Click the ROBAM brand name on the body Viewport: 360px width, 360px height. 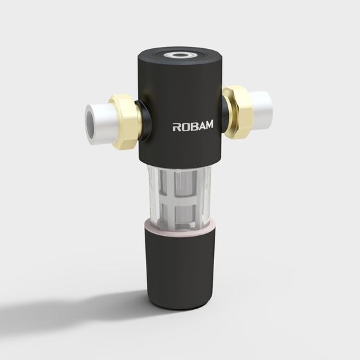pos(192,127)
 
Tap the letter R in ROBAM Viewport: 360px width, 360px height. pos(177,127)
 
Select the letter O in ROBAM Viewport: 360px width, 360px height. pos(184,127)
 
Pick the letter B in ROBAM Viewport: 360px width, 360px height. pos(192,127)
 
